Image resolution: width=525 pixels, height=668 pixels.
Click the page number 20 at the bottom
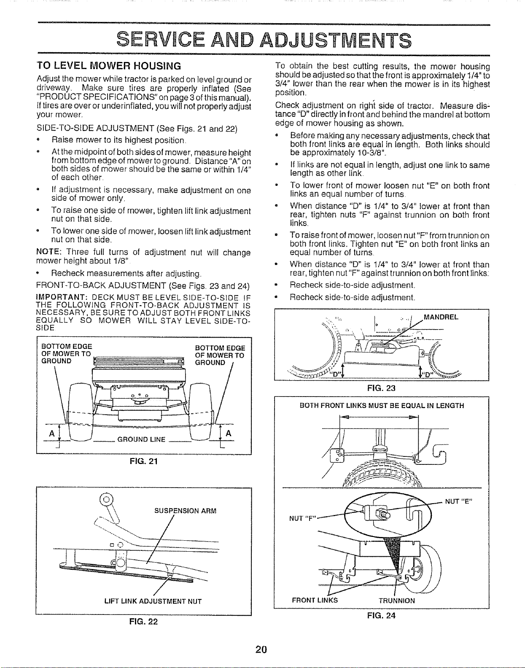[261, 649]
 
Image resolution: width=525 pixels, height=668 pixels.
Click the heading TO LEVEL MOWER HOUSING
[109, 66]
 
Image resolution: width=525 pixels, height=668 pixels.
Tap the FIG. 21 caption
[144, 461]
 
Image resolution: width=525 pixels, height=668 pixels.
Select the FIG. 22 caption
[143, 622]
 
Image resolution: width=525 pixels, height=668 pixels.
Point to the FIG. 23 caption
[381, 388]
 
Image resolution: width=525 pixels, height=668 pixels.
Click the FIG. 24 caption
[381, 615]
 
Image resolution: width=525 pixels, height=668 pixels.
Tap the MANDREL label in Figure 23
[441, 317]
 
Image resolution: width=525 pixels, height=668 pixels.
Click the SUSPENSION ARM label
[186, 511]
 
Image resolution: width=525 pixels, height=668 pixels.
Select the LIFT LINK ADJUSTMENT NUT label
[153, 601]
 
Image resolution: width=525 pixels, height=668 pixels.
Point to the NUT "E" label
[458, 502]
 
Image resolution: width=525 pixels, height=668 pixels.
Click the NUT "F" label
[303, 519]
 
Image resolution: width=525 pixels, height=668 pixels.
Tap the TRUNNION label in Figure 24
[397, 601]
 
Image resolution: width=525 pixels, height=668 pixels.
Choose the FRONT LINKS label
[315, 601]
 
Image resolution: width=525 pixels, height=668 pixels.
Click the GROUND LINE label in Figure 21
[141, 439]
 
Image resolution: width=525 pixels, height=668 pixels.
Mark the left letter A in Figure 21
[52, 433]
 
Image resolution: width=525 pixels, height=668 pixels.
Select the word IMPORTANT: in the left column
[61, 298]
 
